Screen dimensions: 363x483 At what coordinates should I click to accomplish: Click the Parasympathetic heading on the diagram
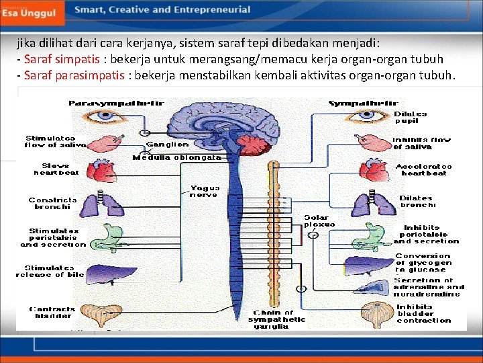click(x=117, y=103)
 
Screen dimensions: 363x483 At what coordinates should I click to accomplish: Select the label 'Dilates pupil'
click(x=410, y=118)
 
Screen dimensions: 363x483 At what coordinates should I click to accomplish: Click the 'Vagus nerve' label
click(x=203, y=192)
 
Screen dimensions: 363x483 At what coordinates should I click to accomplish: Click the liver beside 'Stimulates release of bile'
click(x=105, y=273)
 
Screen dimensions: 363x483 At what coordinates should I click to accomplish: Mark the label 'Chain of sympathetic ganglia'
click(x=276, y=319)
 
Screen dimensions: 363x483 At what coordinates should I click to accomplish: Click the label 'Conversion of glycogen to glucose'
click(x=423, y=262)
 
